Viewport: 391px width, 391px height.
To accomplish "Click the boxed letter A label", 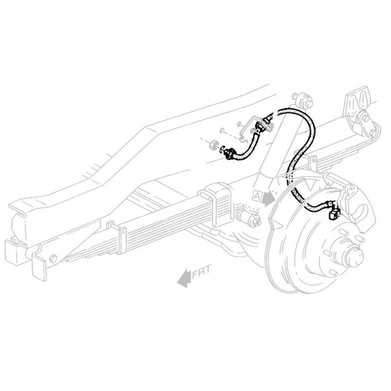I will click(257, 194).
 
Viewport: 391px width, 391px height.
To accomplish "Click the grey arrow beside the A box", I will click(269, 199).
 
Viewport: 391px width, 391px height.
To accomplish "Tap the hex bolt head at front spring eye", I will click(54, 258).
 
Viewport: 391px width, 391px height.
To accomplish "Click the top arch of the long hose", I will click(297, 111).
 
